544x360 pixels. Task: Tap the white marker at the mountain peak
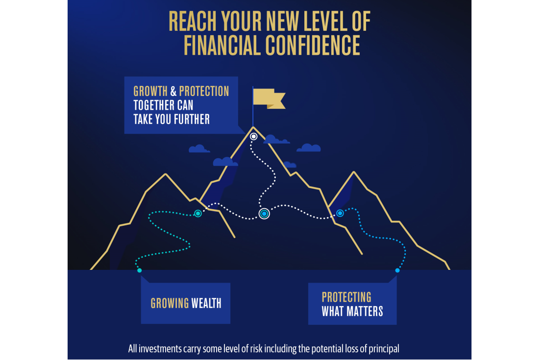(253, 137)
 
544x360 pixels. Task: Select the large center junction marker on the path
(264, 214)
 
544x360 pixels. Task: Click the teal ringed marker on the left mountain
(198, 214)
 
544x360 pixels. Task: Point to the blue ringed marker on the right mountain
(340, 213)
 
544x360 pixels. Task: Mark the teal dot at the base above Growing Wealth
(140, 270)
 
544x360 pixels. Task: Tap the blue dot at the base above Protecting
(397, 270)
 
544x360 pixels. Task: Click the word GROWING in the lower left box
(170, 303)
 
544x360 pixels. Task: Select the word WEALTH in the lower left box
(206, 303)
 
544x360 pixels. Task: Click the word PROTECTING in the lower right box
(346, 297)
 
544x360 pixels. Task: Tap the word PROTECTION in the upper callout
(204, 92)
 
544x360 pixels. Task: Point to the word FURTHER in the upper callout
(188, 119)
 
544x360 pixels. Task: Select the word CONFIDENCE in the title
(312, 46)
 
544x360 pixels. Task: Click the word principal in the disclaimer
(383, 349)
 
